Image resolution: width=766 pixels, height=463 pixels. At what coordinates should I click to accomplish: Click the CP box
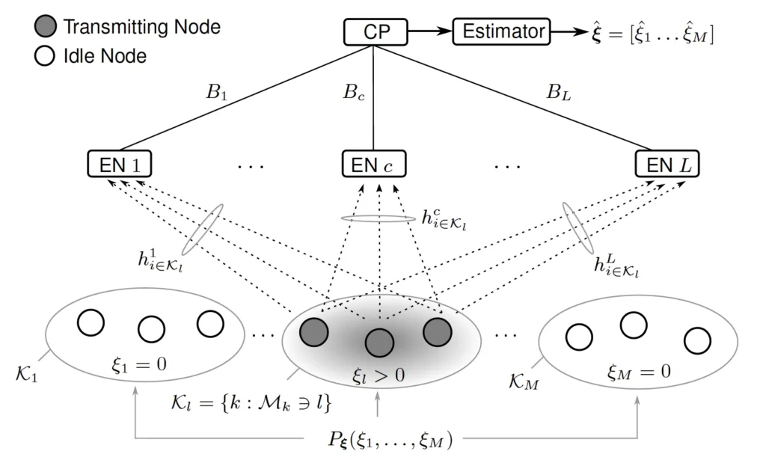click(376, 33)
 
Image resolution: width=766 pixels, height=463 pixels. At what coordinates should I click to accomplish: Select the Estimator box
click(501, 32)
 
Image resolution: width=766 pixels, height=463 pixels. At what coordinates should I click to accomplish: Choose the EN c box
click(376, 165)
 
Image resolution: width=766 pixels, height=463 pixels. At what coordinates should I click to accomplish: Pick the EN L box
click(667, 165)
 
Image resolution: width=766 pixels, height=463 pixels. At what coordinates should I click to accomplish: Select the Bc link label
click(353, 95)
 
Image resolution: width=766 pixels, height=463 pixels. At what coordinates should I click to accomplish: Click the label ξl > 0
click(380, 374)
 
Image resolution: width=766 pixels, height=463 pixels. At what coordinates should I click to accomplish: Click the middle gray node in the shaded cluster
click(380, 343)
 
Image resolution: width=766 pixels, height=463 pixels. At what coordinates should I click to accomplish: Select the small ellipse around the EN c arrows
click(377, 218)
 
